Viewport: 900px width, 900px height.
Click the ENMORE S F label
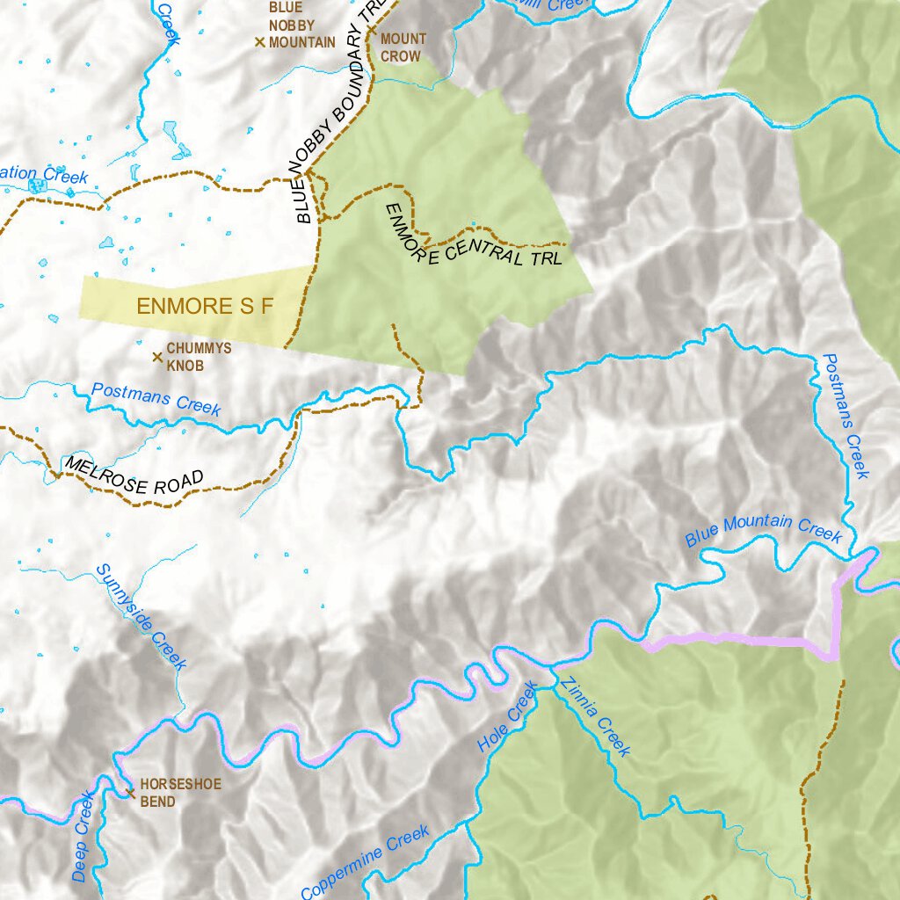tap(206, 307)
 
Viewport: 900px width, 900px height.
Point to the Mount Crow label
tap(403, 47)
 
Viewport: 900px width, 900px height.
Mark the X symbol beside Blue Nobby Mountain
tap(259, 41)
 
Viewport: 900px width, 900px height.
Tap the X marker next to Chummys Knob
tap(157, 356)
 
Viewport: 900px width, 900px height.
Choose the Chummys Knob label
tap(199, 356)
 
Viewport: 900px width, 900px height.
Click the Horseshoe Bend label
tap(180, 792)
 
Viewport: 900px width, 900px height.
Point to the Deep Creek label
tap(82, 837)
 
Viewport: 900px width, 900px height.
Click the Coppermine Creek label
tap(366, 861)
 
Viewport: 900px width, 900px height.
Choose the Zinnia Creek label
tap(595, 717)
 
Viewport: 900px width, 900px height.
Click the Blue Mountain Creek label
tap(763, 529)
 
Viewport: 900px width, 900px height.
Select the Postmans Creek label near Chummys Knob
tap(156, 399)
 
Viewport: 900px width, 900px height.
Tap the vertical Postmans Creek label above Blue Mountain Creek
tap(845, 416)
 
